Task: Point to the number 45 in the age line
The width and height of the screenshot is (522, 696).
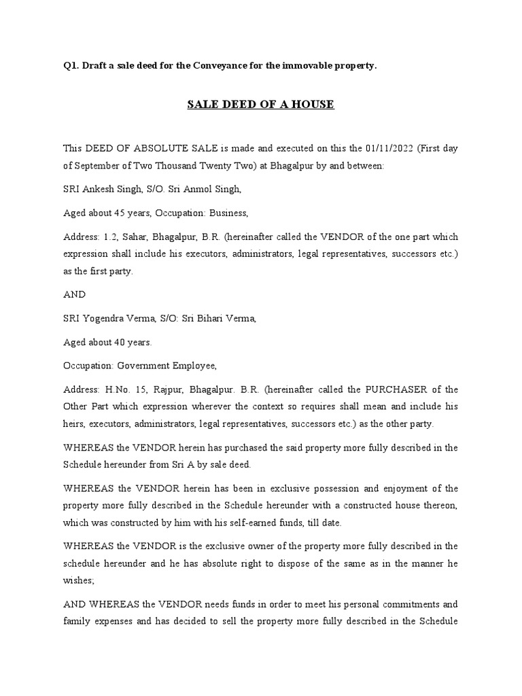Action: (121, 213)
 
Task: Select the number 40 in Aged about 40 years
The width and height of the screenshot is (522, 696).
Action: (121, 342)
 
